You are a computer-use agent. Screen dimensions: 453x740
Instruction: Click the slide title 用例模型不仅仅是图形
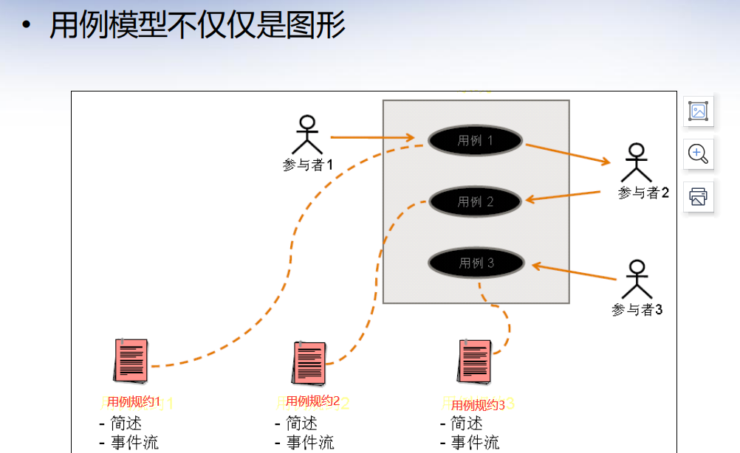[197, 26]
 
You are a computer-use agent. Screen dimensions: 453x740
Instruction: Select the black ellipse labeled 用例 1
[475, 140]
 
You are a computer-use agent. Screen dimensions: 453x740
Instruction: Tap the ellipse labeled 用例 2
[476, 201]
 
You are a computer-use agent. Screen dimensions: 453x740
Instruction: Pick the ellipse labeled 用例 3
[476, 263]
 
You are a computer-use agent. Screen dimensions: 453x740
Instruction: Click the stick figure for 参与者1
[308, 135]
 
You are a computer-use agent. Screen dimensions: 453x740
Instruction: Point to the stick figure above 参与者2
[636, 162]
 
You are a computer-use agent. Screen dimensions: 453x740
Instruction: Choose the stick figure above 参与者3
[637, 279]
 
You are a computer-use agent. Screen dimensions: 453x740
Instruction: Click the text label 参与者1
[308, 165]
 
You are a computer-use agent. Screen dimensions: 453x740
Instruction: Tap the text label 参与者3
[637, 310]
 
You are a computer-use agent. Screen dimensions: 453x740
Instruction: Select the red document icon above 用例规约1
[131, 362]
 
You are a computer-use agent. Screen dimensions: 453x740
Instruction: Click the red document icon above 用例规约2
[308, 362]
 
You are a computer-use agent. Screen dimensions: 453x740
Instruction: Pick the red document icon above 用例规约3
[474, 362]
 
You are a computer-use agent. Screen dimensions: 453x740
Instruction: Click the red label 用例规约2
[312, 401]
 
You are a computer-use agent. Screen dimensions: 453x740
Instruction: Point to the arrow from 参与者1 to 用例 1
[371, 137]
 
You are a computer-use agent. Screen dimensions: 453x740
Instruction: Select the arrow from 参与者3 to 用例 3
[573, 272]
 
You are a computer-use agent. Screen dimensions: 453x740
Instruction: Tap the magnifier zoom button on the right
[698, 153]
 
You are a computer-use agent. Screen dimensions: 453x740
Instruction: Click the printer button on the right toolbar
[698, 196]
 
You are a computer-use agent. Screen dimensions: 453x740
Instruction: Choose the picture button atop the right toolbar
[698, 111]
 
